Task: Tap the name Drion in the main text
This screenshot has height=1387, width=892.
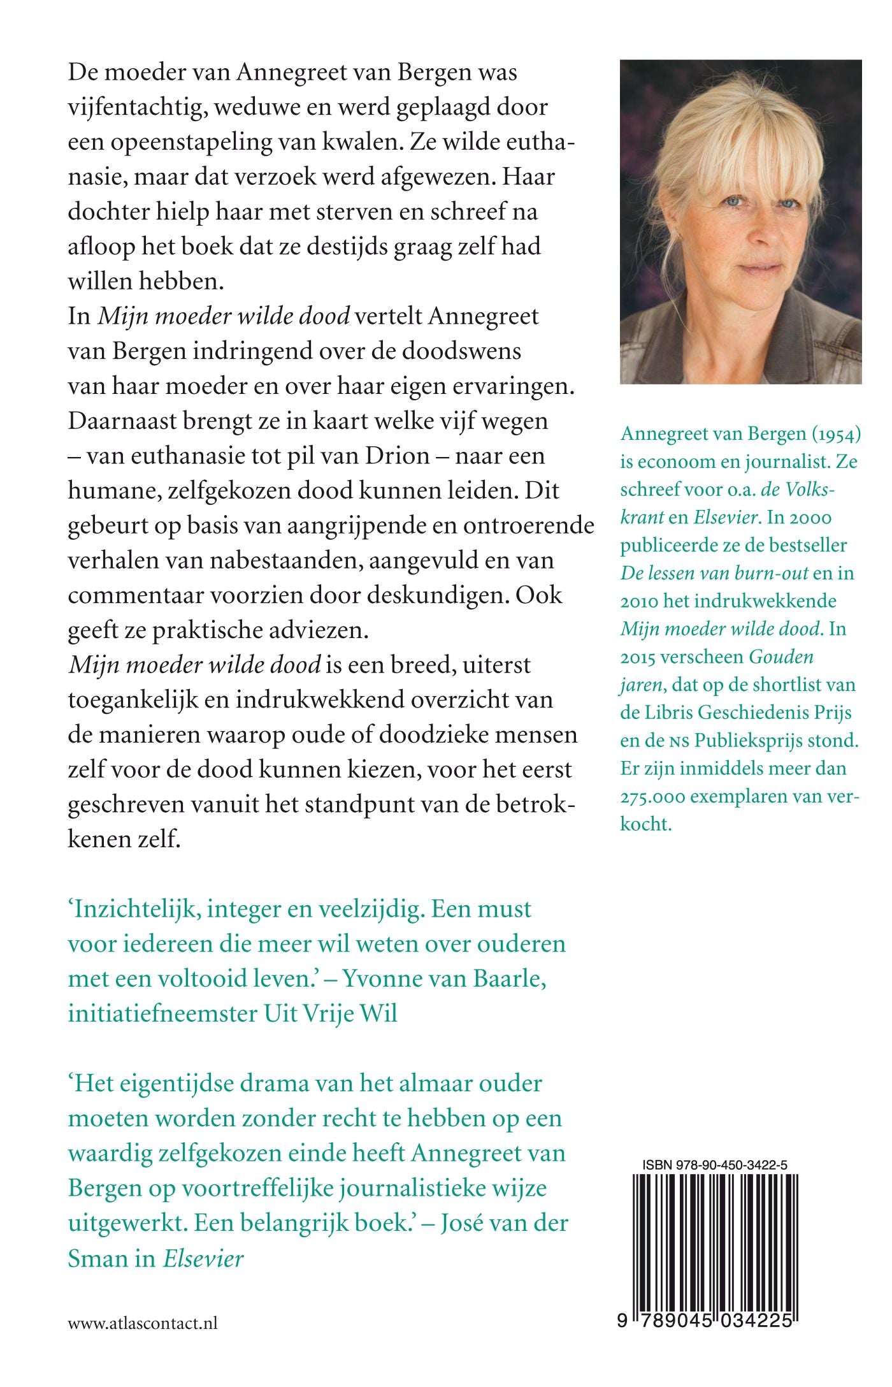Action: click(397, 456)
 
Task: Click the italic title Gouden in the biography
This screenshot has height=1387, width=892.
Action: click(781, 657)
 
